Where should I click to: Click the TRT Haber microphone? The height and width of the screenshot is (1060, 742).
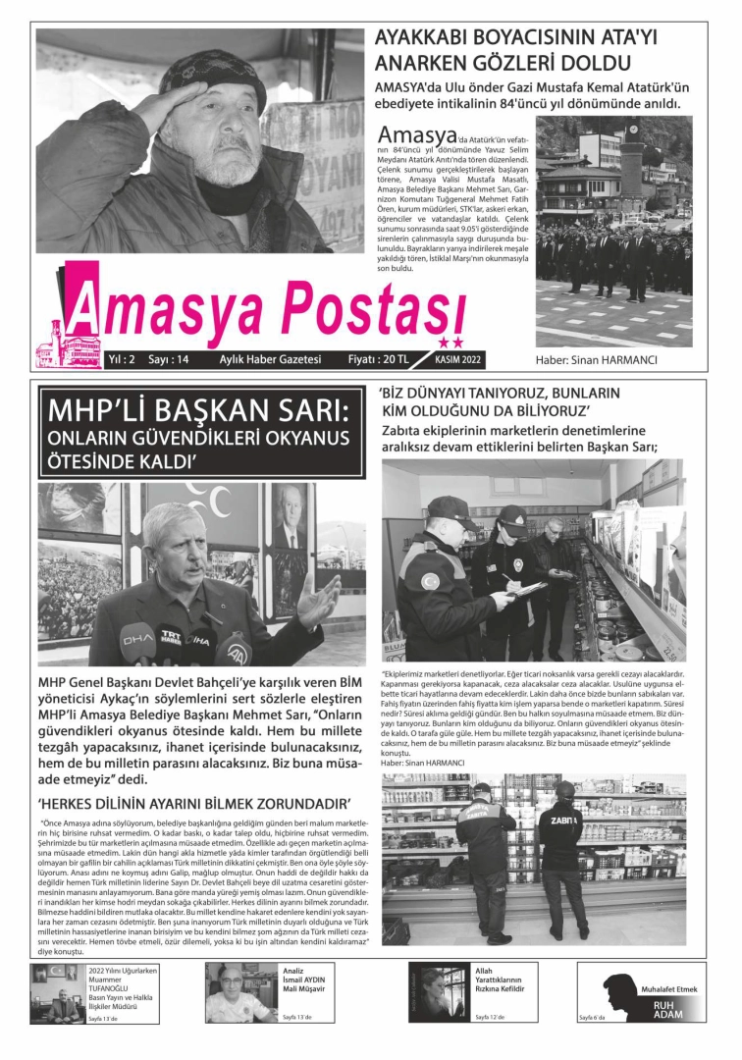pyautogui.click(x=171, y=637)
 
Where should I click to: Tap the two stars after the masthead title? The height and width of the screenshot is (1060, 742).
pyautogui.click(x=450, y=343)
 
